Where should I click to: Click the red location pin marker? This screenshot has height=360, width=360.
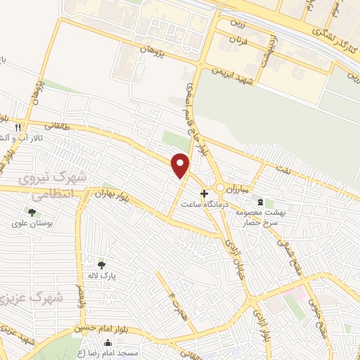pos(181,165)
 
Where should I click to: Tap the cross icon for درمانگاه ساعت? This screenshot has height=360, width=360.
pos(204,193)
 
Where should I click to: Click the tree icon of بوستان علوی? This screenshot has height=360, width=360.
pos(31,212)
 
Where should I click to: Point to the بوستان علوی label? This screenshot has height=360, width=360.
pos(32,224)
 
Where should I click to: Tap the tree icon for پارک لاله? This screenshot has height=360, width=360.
pos(102,264)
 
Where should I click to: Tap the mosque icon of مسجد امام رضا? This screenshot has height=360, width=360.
pos(107,344)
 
